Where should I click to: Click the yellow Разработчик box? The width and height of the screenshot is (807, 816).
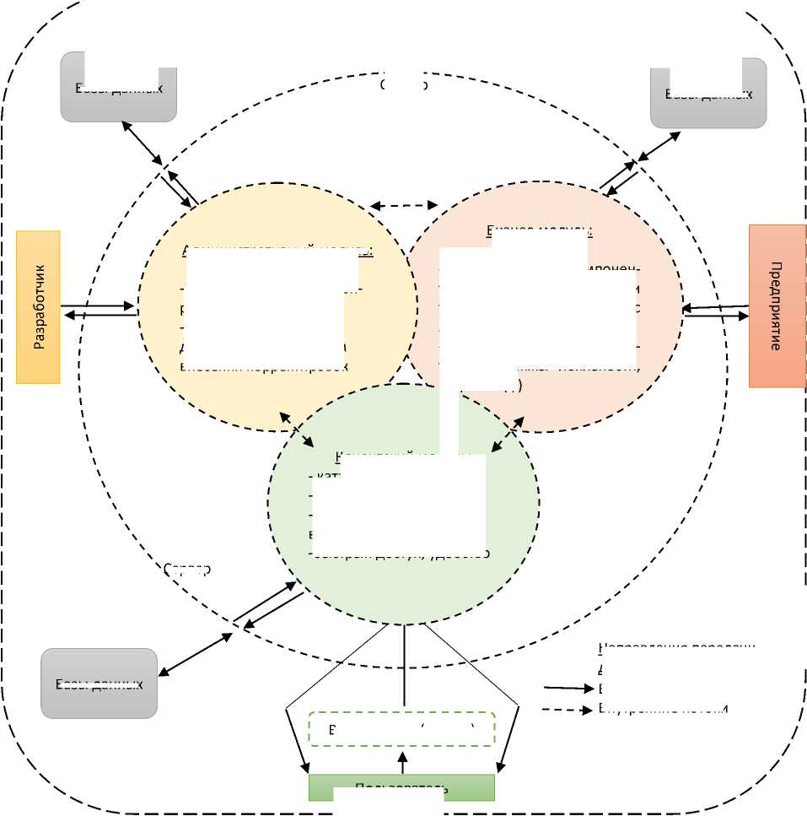coord(38,307)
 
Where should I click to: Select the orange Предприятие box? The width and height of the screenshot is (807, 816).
coord(777,305)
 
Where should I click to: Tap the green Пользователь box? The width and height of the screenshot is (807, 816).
coord(401,786)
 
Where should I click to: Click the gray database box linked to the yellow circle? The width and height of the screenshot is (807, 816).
coord(119,87)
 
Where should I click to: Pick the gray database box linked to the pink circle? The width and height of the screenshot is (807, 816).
coord(708,93)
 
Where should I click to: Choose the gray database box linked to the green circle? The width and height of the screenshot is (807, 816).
coord(99,683)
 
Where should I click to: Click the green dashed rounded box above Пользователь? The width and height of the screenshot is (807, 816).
coord(401,729)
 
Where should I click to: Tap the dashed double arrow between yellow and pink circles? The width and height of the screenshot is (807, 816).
coord(404,205)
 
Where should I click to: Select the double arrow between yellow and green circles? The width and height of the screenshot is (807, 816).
coord(298,430)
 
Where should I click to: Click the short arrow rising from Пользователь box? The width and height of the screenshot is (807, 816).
coord(403,762)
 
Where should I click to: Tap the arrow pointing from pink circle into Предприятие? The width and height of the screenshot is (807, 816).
coord(717,316)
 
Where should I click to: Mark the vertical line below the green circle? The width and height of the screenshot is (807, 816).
coord(406,666)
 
